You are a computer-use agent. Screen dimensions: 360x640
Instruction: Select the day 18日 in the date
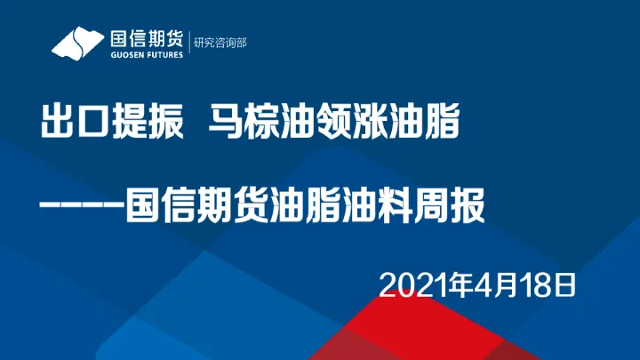(547, 284)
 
